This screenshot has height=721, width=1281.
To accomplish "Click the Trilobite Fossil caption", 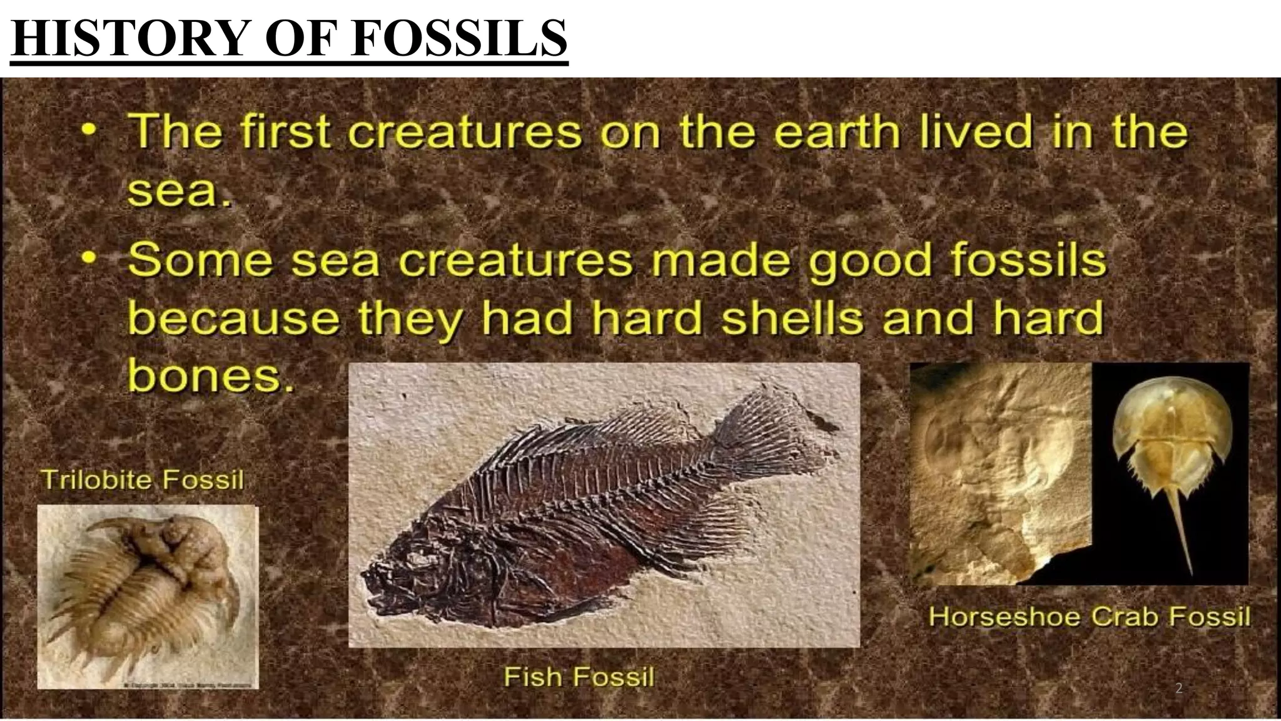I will (142, 480).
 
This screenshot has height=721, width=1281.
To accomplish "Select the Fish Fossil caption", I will (579, 677).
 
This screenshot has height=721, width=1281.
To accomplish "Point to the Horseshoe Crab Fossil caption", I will (1089, 616).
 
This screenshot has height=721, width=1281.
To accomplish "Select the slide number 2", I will (1178, 689).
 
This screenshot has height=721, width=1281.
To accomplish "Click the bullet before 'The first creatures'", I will (91, 131).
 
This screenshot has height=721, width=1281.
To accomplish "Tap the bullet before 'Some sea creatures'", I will (91, 258).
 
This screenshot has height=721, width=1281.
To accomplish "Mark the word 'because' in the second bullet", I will (234, 317).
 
